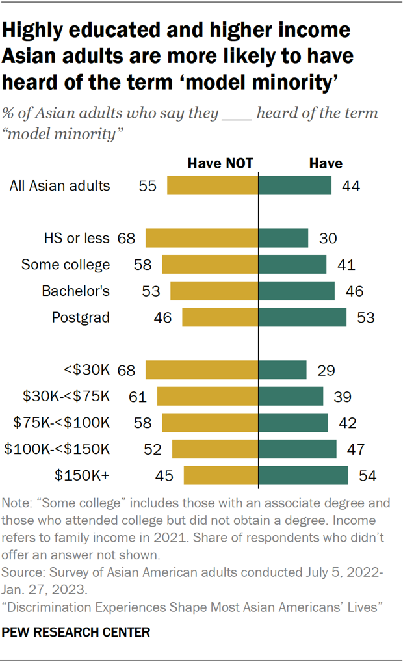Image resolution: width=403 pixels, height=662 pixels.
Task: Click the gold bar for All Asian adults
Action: click(213, 185)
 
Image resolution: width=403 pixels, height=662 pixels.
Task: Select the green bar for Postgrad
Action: click(302, 317)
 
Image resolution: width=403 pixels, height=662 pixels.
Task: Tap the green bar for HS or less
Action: click(283, 238)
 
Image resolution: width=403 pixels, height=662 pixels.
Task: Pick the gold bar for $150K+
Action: click(221, 475)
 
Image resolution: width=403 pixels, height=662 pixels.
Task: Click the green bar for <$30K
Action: click(282, 370)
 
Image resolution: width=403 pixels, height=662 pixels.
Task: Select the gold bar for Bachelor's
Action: click(214, 291)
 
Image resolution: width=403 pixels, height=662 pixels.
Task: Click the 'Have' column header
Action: click(326, 163)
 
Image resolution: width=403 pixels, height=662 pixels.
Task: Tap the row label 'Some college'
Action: click(66, 265)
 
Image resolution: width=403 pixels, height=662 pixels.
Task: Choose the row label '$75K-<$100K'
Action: click(62, 423)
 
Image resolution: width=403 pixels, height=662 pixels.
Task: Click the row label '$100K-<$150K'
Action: click(57, 449)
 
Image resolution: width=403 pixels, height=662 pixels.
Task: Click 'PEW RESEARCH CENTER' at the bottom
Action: click(76, 631)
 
